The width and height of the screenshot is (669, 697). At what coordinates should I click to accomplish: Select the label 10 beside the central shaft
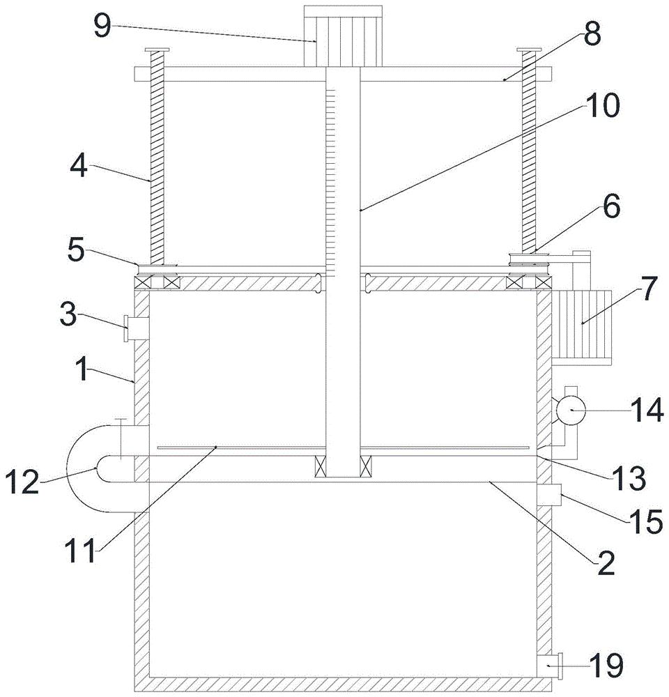(601, 107)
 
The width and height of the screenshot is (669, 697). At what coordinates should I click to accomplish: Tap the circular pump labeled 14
(569, 410)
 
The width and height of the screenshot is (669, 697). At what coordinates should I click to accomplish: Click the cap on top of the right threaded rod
(530, 50)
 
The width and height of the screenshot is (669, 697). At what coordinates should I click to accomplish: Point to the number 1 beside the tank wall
(83, 370)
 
